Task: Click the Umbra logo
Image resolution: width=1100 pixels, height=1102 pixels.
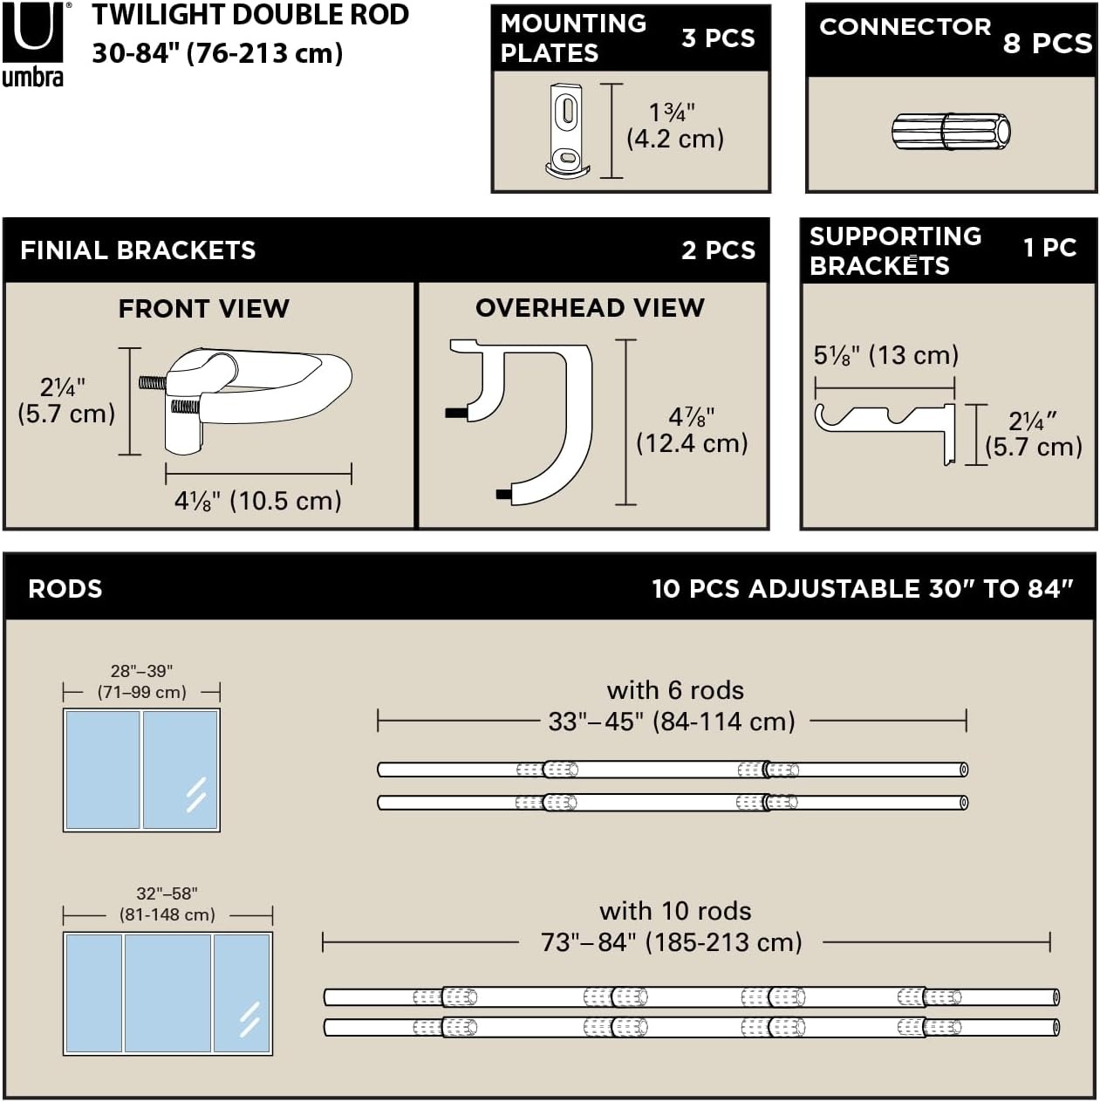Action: tap(33, 44)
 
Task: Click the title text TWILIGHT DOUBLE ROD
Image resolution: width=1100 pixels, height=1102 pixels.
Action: tap(250, 15)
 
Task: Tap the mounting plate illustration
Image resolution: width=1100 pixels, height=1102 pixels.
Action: tap(566, 131)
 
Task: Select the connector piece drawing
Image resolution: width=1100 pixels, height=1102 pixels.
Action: tap(950, 132)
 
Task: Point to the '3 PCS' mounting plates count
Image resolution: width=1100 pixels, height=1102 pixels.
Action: tap(719, 38)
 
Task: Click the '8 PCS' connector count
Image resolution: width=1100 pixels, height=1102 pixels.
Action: tap(1048, 43)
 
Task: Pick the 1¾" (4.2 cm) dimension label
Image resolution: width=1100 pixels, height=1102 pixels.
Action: tap(675, 126)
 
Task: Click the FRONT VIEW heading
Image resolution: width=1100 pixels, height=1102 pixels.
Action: tap(203, 309)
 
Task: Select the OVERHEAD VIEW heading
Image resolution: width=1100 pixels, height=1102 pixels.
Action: tap(590, 308)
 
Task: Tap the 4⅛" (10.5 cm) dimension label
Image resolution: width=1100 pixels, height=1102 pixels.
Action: tap(258, 501)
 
